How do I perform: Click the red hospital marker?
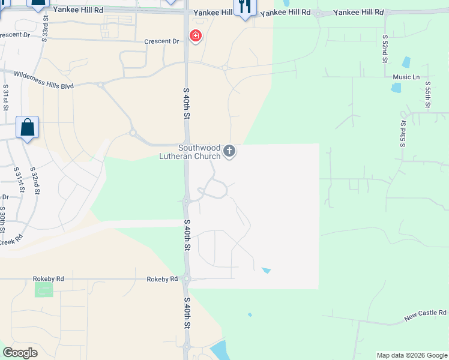(195, 36)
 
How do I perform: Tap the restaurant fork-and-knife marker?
(245, 7)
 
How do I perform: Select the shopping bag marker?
(27, 127)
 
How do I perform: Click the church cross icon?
(229, 152)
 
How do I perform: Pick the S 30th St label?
(3, 220)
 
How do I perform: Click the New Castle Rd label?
(426, 313)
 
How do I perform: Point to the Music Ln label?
(406, 77)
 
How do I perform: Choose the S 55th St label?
(428, 96)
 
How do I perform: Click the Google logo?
(20, 353)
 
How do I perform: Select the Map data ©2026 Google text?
(411, 355)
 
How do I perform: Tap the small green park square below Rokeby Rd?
(44, 289)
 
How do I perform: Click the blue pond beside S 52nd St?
(407, 62)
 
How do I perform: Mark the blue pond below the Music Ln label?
(396, 88)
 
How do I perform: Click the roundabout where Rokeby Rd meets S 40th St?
(187, 278)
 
